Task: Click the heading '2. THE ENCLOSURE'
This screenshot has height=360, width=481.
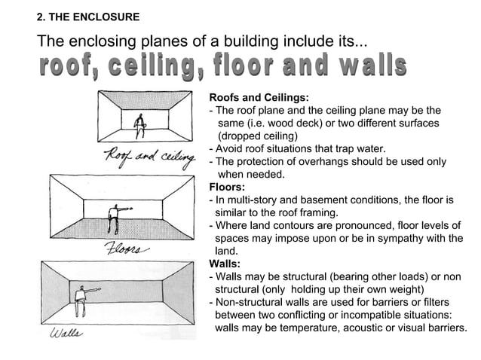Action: click(x=88, y=17)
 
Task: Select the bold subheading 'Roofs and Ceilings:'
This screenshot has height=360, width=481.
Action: click(x=259, y=98)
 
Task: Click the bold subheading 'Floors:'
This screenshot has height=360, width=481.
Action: click(x=226, y=188)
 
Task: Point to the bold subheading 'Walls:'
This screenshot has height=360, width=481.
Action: click(x=224, y=264)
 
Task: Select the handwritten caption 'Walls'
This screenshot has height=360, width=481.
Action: click(x=67, y=332)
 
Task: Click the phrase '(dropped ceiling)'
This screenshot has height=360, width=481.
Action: click(x=257, y=136)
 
